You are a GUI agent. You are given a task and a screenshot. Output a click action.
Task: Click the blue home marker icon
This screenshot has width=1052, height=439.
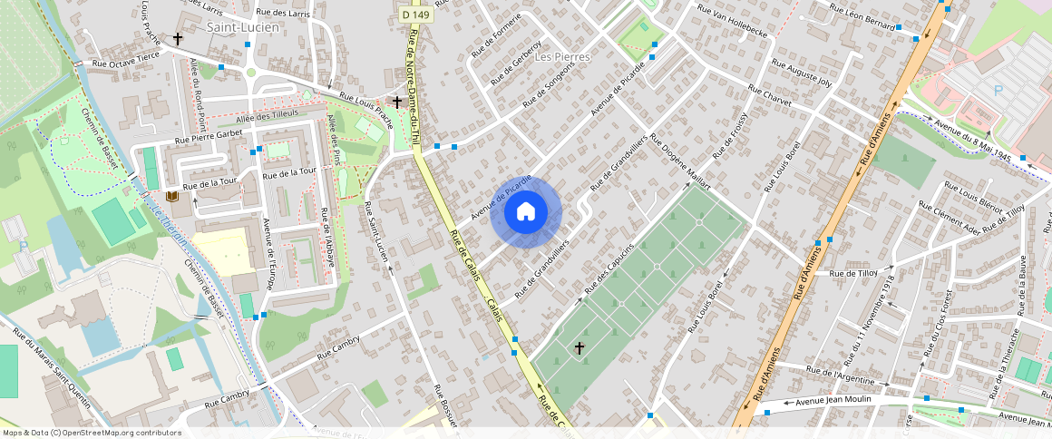526,212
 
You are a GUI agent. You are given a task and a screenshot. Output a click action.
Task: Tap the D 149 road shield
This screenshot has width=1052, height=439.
417,15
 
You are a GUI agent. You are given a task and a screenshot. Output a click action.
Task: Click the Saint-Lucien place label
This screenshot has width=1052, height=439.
242,27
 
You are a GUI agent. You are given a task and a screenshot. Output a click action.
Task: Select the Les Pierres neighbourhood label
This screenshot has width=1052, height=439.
562,56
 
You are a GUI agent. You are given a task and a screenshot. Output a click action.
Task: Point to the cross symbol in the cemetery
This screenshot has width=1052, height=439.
580,347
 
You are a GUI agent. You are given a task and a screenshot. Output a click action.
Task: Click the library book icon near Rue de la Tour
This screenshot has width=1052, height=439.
172,197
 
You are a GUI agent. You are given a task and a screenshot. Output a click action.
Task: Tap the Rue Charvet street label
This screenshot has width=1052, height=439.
770,96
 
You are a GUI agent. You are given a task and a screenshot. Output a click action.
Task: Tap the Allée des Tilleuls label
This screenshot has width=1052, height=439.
267,116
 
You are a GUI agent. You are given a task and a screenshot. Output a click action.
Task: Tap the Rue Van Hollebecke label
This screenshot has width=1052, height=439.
732,21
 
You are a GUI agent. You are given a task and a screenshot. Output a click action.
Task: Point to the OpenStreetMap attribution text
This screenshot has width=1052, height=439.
91,433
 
